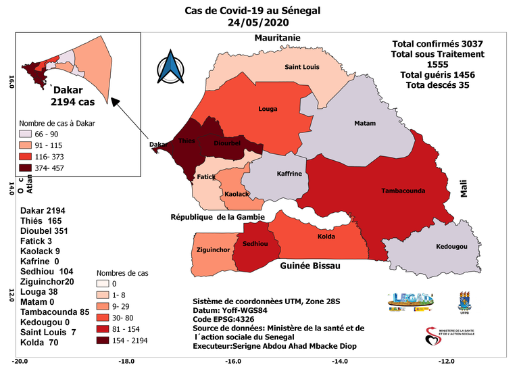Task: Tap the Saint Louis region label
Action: (x=301, y=67)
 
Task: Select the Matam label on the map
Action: (x=365, y=124)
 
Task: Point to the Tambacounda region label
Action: (x=403, y=191)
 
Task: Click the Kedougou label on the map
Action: (x=451, y=246)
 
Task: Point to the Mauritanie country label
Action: (x=276, y=38)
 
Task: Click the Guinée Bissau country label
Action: (x=310, y=267)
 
